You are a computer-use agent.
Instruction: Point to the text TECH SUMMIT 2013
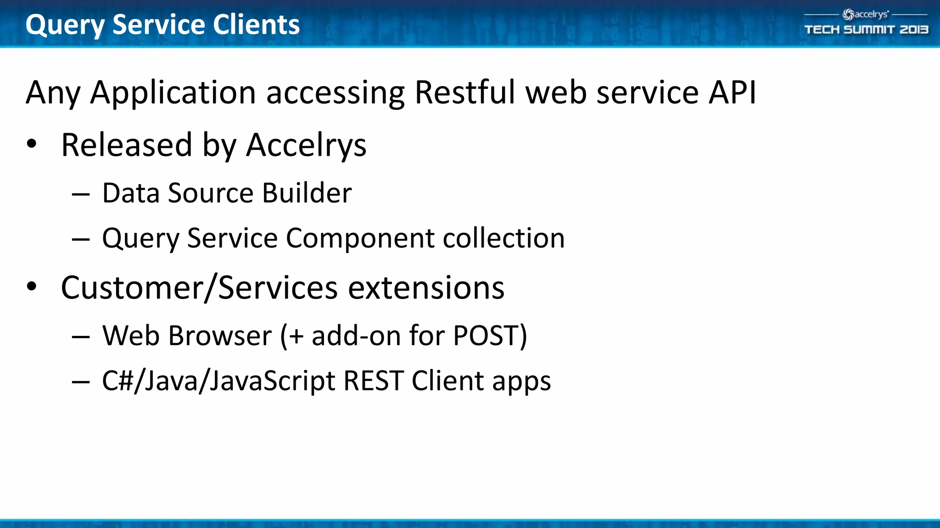click(866, 30)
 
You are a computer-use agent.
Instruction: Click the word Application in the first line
click(173, 93)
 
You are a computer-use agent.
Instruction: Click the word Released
click(126, 145)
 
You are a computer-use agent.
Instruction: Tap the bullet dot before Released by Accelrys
click(31, 144)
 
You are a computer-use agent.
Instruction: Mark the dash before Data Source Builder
click(81, 194)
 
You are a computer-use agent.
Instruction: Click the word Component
click(360, 238)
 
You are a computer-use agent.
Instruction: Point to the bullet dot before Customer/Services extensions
click(31, 287)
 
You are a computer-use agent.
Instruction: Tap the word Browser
click(220, 335)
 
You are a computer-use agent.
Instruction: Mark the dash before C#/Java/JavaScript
click(81, 382)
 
